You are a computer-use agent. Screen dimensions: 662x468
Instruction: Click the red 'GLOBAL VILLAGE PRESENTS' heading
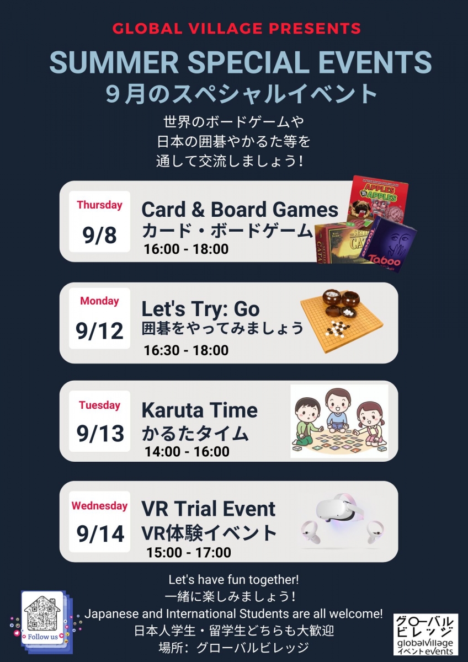[x=237, y=29]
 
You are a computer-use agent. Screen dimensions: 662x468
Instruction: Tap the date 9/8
[x=100, y=235]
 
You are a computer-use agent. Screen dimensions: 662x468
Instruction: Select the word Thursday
[x=99, y=205]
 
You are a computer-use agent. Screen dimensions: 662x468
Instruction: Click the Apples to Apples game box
[x=378, y=200]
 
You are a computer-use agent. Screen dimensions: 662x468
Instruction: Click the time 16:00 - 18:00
[x=186, y=249]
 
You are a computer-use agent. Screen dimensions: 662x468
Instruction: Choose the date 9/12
[x=100, y=331]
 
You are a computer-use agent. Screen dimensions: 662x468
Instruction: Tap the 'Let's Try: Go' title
[x=200, y=309]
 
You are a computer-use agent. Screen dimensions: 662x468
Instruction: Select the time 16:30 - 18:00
[x=186, y=350]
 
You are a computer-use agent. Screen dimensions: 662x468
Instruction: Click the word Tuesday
[x=99, y=405]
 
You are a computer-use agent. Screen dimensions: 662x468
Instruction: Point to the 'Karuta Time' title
[x=199, y=410]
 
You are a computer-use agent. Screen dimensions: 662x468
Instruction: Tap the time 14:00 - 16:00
[x=187, y=452]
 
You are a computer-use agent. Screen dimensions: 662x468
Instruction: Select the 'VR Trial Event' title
[x=209, y=508]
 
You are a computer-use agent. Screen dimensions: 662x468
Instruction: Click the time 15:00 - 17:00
[x=189, y=552]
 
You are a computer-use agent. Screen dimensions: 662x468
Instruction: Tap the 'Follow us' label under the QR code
[x=42, y=637]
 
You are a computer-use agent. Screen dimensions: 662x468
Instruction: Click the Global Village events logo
[x=426, y=634]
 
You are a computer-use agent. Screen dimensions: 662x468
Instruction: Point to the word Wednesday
[x=99, y=506]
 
